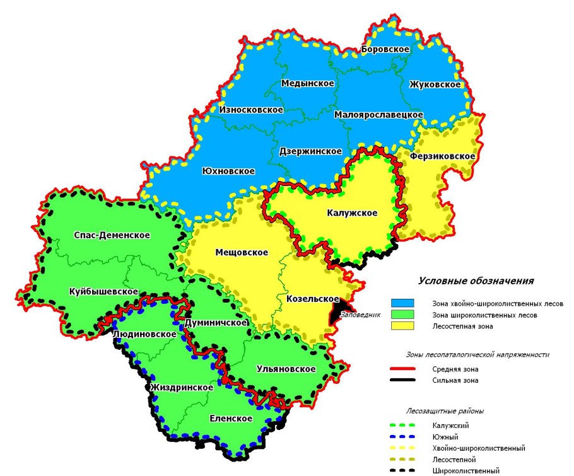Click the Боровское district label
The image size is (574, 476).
tap(385, 49)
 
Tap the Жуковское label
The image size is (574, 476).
tap(435, 84)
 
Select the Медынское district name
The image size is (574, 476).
tap(308, 83)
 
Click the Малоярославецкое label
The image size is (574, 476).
tap(378, 115)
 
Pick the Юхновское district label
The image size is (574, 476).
tap(228, 171)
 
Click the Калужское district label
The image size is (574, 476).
tap(352, 213)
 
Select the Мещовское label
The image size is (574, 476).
tap(242, 252)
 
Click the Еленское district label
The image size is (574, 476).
tap(231, 419)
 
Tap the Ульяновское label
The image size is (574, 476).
tap(286, 369)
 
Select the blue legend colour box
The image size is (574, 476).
tap(402, 303)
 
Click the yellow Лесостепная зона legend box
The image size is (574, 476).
tap(402, 326)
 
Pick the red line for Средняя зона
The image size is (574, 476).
tap(402, 369)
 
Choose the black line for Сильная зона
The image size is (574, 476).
tap(402, 380)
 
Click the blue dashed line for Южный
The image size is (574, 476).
tap(402, 436)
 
